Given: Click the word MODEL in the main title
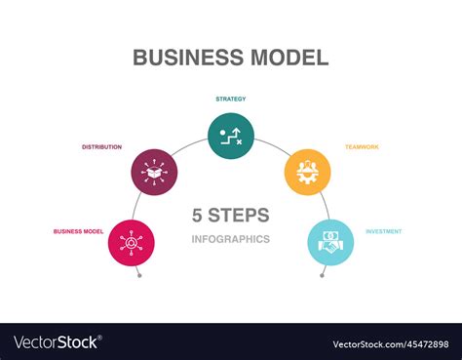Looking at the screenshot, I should coord(283,57).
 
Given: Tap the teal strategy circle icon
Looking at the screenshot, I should coord(231,136).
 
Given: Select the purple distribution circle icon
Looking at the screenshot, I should coord(154,172).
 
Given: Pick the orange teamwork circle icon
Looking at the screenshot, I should coord(307,172).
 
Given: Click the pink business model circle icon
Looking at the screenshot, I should coord(132,243).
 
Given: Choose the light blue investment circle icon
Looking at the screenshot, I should coord(330,243).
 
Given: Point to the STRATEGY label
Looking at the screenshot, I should coord(231,99).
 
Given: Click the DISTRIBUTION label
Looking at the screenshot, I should coord(101,146).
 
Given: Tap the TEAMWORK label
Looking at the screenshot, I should coord(361,146).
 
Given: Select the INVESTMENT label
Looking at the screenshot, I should coord(383,231).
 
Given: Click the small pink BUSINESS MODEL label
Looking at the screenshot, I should coord(79,231).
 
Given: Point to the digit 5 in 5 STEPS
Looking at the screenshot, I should coord(199,216).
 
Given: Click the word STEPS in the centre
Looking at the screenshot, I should coord(240,216).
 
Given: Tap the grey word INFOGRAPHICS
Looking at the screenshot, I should coord(231,239).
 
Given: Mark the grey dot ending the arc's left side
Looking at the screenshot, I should coord(139,276).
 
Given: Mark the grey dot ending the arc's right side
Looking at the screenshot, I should coord(322,276).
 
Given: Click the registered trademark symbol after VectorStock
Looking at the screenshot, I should coord(101,339).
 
